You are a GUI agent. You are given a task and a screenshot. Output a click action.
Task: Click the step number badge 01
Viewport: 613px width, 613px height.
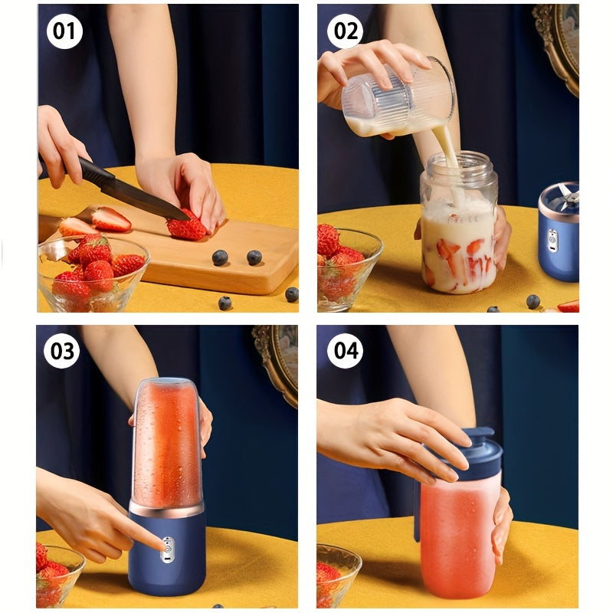64,31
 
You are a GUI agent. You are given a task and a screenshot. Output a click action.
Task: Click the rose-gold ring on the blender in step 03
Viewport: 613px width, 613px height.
166,507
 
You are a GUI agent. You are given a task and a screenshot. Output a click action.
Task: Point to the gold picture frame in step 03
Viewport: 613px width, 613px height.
280,360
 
